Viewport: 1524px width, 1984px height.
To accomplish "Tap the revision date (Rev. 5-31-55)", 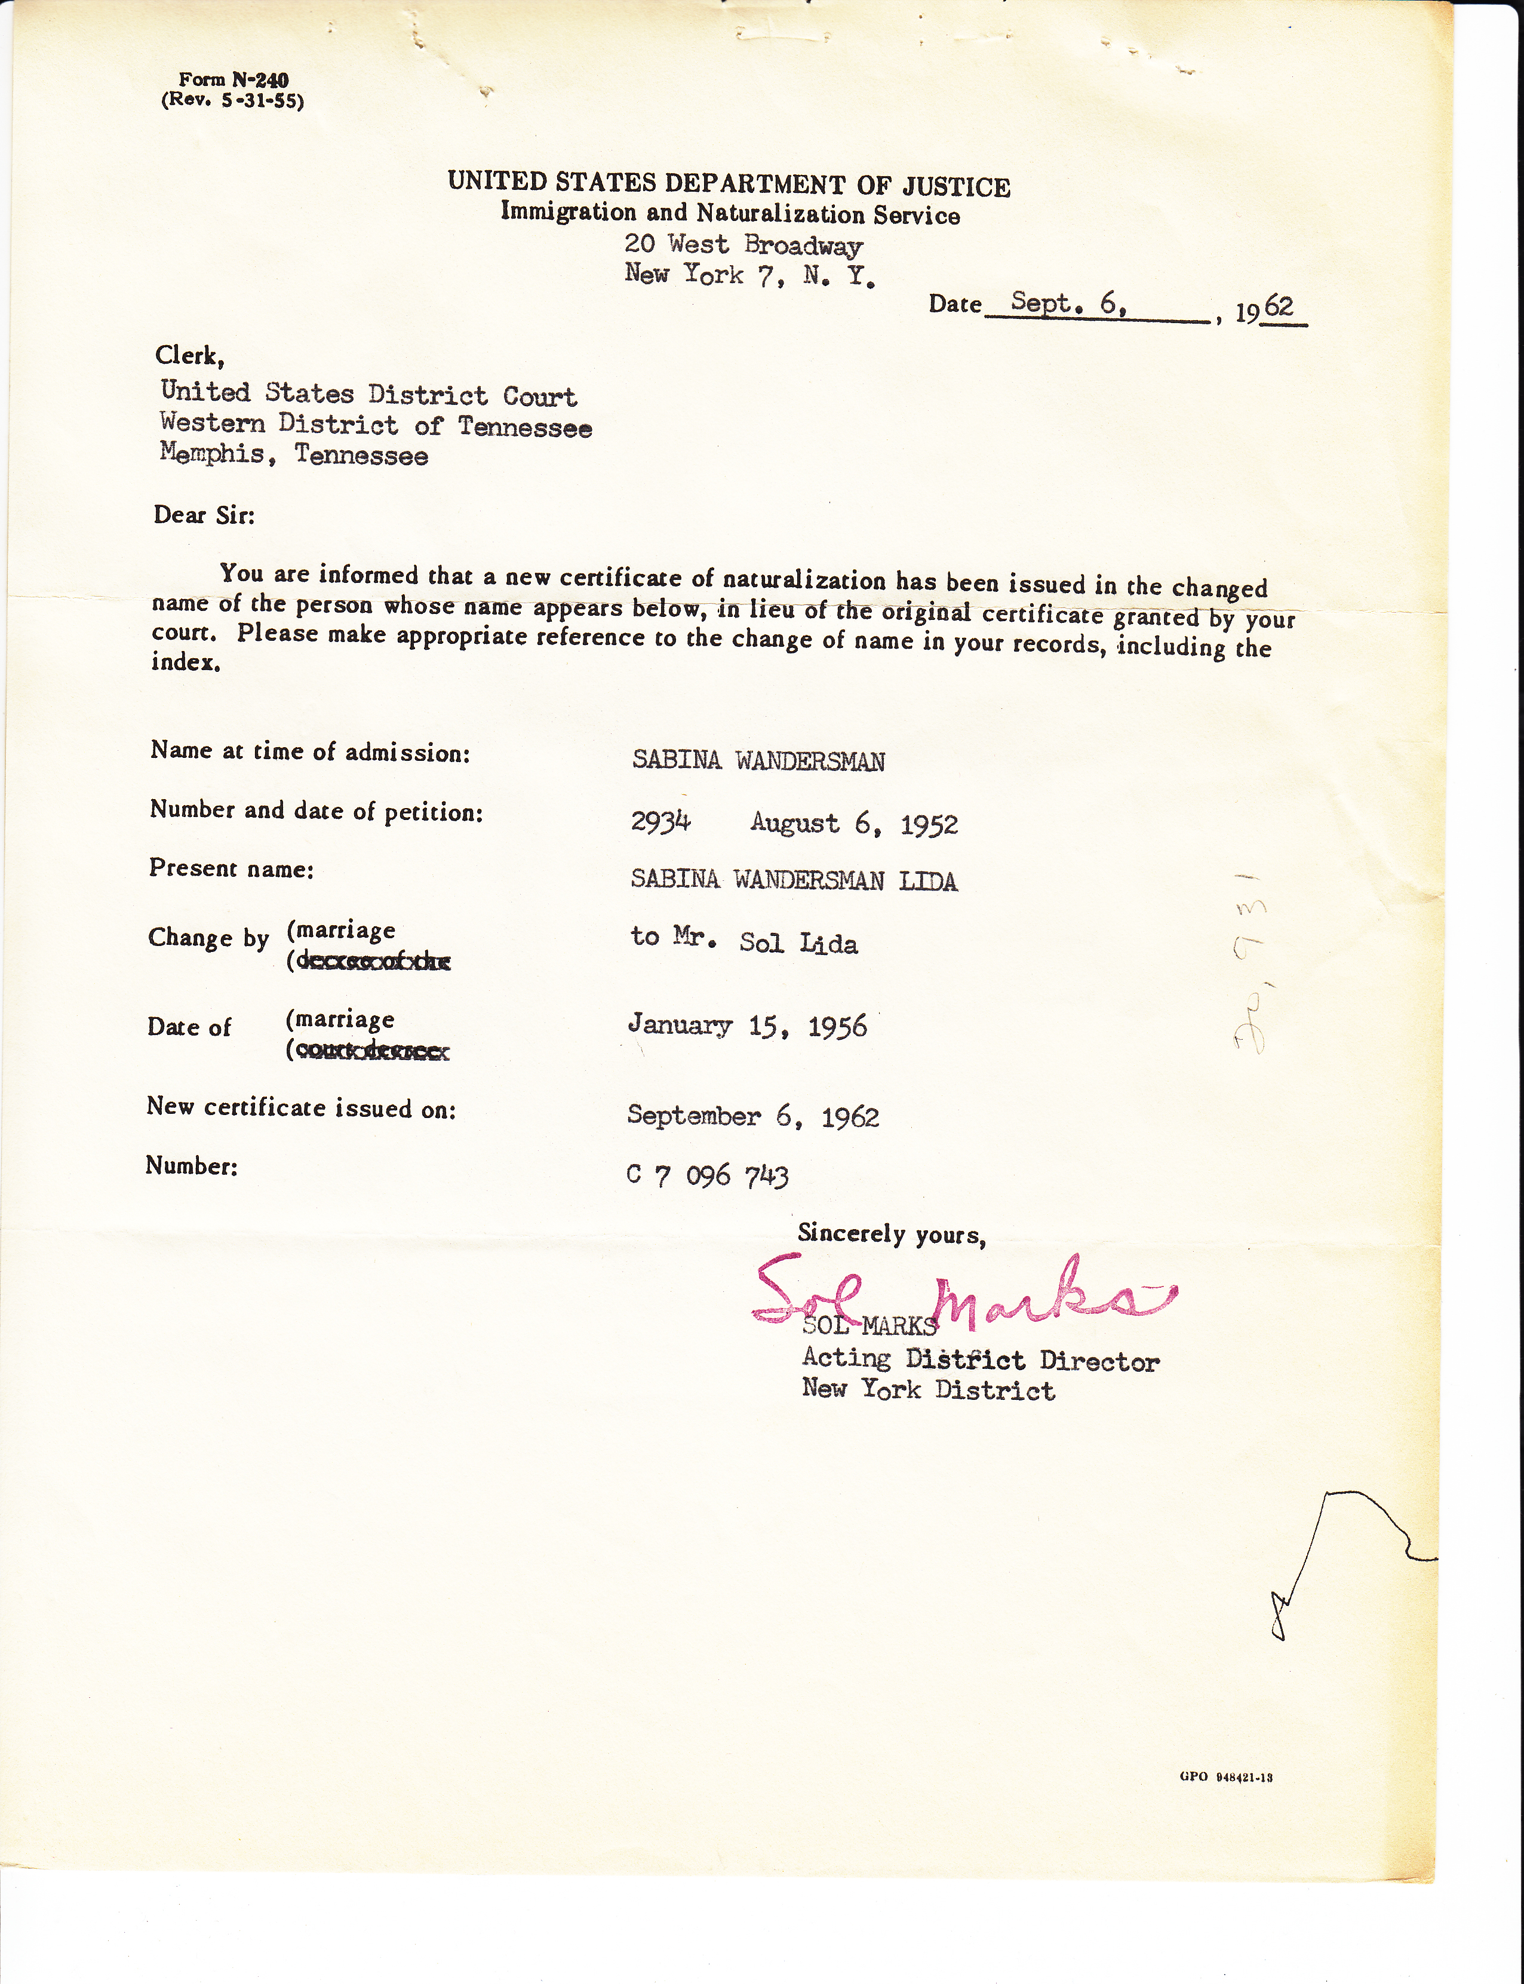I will coord(232,101).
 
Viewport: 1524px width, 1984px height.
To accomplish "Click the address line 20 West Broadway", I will coord(743,244).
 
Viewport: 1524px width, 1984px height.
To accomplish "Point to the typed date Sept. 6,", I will coord(1068,303).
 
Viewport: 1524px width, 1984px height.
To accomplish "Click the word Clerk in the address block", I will coord(189,355).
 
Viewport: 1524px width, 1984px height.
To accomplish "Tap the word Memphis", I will coord(212,453).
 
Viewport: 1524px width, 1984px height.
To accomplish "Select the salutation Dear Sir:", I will coord(204,515).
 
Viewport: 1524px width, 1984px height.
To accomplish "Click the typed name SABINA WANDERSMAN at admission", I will coord(758,761).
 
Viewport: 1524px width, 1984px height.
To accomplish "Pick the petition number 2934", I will coord(660,822).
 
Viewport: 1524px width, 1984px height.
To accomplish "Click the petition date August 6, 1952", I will coord(853,824).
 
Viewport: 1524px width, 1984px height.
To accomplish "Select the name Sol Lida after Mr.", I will coord(798,944).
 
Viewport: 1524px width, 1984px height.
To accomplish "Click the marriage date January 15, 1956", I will coord(748,1026).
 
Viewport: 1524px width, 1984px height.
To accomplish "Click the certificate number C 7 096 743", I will coord(708,1176).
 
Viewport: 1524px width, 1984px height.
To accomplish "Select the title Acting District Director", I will coord(980,1360).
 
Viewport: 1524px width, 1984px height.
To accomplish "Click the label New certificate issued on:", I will coord(301,1108).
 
